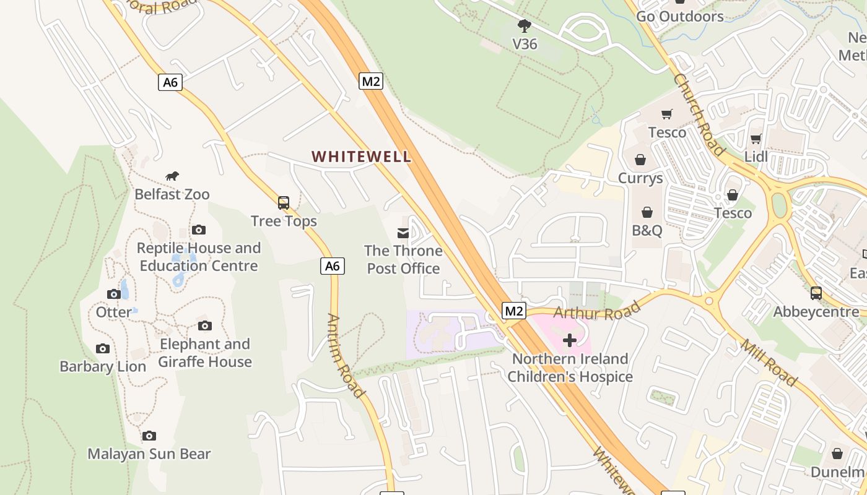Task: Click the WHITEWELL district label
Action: click(x=361, y=157)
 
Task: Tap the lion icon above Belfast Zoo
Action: click(x=172, y=176)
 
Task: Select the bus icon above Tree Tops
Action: click(x=284, y=202)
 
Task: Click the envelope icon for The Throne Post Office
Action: click(x=403, y=233)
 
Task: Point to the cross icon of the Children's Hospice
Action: click(x=570, y=340)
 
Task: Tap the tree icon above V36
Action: click(x=525, y=26)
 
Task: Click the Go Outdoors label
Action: click(x=680, y=16)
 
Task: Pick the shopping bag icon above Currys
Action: click(x=640, y=160)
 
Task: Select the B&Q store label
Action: click(x=647, y=231)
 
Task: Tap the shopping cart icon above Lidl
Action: click(x=756, y=139)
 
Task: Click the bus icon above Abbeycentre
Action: click(x=816, y=293)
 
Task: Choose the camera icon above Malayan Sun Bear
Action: click(x=149, y=436)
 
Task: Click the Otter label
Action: click(x=114, y=312)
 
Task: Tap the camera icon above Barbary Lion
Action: click(x=103, y=348)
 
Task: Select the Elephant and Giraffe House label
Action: click(x=205, y=353)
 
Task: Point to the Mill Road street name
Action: click(x=769, y=363)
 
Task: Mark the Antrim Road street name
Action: click(x=344, y=355)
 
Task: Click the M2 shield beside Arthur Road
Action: click(x=513, y=311)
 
